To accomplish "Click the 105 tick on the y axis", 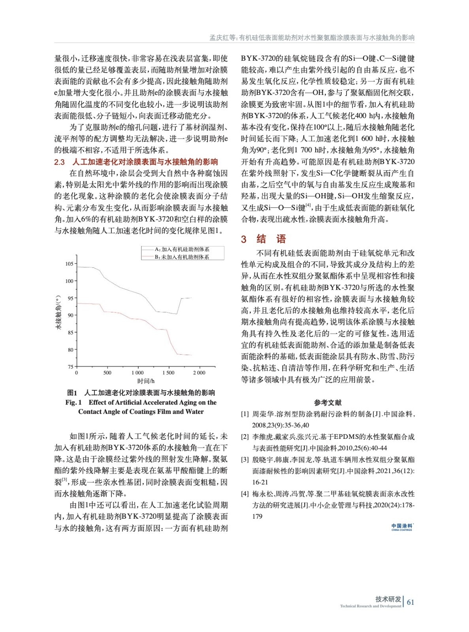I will [x=70, y=264].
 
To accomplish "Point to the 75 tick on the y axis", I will [x=71, y=367].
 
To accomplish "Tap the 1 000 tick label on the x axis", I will [x=137, y=373].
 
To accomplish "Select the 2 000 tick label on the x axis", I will [x=199, y=373].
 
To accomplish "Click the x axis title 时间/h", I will [x=146, y=381].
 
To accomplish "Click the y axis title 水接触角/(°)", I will [x=58, y=312].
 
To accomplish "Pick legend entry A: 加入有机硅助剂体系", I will [x=182, y=249].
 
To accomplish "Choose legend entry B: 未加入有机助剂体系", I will [x=182, y=257].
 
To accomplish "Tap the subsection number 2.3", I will [x=59, y=162].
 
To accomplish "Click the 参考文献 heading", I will [x=328, y=403].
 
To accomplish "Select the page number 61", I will [x=411, y=602].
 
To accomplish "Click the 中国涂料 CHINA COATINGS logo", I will [x=401, y=527].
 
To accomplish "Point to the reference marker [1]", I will [x=245, y=414].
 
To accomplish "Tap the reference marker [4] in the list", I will [x=245, y=494].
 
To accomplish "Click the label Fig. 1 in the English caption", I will [x=73, y=403].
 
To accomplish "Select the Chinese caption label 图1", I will [x=72, y=393].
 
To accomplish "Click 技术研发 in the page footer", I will [x=388, y=599].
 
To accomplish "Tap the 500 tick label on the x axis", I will [x=107, y=373].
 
